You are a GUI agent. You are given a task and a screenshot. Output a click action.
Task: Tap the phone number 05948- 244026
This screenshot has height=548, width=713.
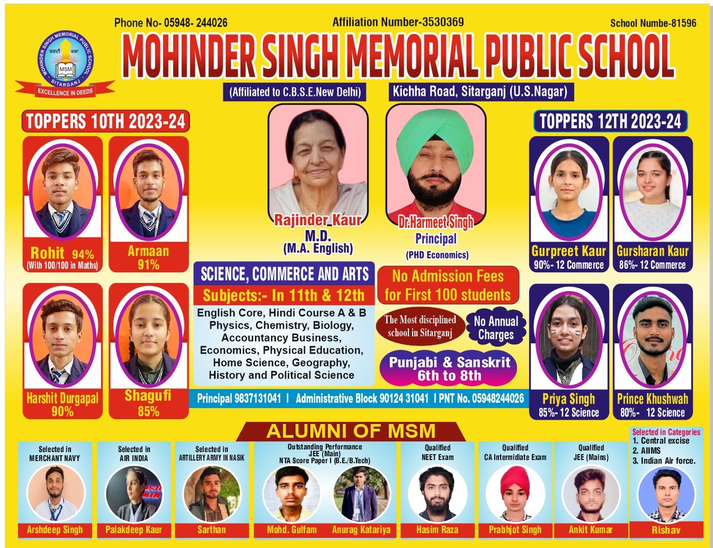[x=195, y=23]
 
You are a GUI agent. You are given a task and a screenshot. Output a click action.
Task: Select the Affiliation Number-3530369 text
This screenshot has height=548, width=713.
[x=398, y=22]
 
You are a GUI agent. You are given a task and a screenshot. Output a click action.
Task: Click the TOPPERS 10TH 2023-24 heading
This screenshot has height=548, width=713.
[x=105, y=121]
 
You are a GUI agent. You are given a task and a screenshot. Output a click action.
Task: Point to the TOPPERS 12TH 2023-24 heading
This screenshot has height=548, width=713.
[x=610, y=121]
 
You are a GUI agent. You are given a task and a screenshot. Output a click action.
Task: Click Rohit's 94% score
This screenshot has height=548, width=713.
[x=83, y=254]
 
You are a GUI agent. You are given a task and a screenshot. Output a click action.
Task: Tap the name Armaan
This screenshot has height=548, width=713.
[x=148, y=251]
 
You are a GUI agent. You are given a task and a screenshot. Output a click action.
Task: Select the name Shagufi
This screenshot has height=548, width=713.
[x=148, y=396]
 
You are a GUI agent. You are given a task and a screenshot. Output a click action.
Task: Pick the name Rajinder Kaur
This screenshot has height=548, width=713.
[x=317, y=220]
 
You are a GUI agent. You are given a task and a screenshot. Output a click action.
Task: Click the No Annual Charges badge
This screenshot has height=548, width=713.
[x=496, y=328]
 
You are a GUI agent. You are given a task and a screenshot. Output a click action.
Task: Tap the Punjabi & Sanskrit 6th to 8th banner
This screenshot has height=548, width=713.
[x=449, y=369]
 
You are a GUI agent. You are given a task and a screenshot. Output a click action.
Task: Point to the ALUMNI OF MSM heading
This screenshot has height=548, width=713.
[x=351, y=431]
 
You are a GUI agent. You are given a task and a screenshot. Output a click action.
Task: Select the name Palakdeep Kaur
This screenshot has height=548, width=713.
[x=133, y=529]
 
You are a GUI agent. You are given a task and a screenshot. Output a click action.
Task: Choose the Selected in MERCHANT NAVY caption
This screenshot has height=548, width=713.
[x=55, y=454]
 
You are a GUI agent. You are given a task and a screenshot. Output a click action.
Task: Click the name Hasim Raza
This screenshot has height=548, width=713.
[x=437, y=529]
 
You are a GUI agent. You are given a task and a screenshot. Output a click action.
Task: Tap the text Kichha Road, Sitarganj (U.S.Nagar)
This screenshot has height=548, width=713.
[x=479, y=92]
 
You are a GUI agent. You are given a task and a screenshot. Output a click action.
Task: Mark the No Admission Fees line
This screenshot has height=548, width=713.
[x=448, y=276]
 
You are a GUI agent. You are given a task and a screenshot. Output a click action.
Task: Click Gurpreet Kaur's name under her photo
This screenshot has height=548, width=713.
[x=568, y=251]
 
